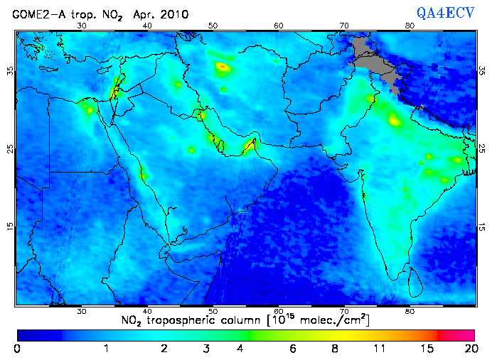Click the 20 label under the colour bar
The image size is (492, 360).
[x=469, y=348]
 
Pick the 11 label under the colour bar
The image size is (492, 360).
[x=380, y=348]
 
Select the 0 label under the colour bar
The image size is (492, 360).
[x=16, y=348]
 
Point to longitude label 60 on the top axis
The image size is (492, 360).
[x=279, y=26]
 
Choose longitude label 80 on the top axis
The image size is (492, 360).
[x=410, y=26]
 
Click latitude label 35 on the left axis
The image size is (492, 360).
[x=10, y=71]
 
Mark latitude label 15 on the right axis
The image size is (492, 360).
[x=483, y=226]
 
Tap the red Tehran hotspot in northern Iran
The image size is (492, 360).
[x=223, y=67]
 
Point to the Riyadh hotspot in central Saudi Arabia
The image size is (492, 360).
[x=191, y=150]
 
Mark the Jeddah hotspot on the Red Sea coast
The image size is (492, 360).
[x=144, y=175]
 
